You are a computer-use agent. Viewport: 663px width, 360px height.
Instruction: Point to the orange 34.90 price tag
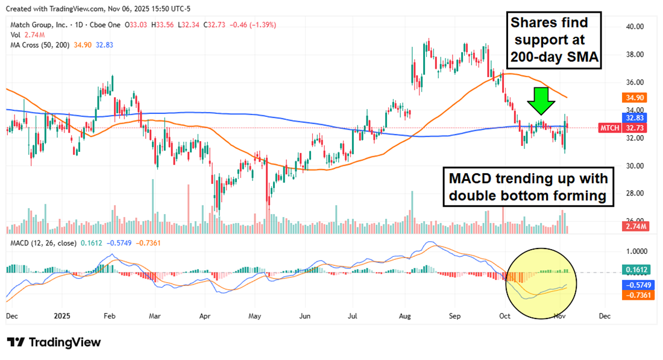(636, 97)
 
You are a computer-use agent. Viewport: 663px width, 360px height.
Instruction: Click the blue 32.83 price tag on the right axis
(636, 119)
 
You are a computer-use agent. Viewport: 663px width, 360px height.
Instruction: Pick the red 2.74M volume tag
(636, 226)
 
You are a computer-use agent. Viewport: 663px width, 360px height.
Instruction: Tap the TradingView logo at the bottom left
(54, 343)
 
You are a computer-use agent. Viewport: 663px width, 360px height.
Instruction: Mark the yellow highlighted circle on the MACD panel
(542, 282)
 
